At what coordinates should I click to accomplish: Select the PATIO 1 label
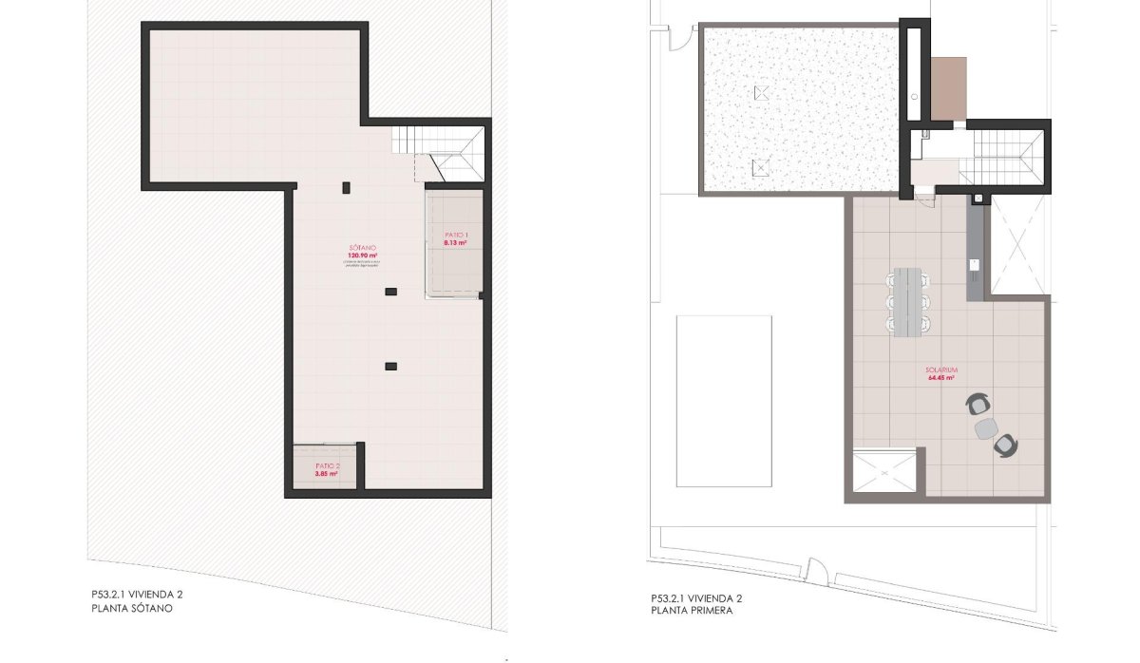(457, 235)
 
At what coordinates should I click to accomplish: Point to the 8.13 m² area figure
(456, 243)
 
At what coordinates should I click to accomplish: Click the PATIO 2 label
(327, 465)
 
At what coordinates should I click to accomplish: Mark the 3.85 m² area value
(327, 473)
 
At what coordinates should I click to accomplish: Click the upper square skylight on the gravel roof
(760, 93)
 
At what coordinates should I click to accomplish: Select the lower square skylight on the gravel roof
(759, 169)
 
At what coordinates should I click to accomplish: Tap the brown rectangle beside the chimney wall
(948, 88)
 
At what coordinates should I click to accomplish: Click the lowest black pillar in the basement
(389, 366)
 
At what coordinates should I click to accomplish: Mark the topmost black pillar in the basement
(347, 186)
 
